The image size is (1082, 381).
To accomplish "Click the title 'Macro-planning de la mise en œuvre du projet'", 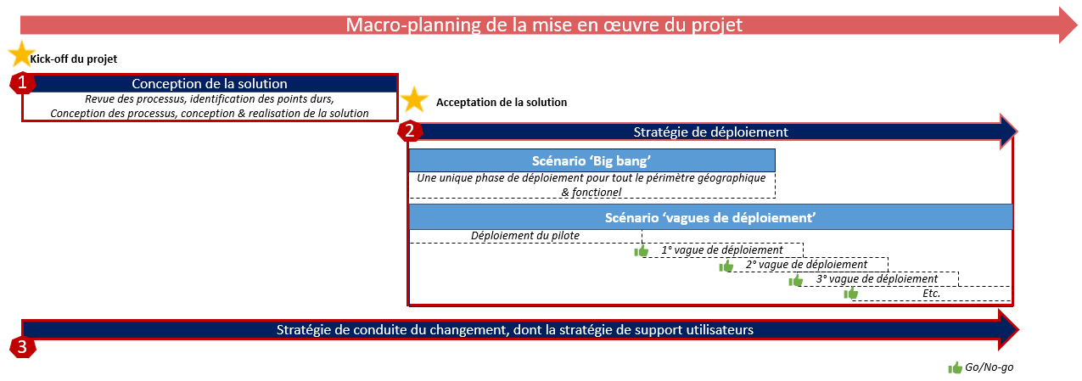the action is (x=544, y=25).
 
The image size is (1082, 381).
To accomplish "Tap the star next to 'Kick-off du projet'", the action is (x=21, y=54).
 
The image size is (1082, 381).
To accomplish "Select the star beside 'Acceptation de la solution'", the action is (x=414, y=99).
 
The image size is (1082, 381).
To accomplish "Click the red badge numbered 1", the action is (x=22, y=83).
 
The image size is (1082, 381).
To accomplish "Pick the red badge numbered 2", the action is (x=410, y=131).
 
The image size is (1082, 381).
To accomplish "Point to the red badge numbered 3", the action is (x=22, y=347).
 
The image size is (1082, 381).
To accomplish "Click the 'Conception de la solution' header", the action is (x=210, y=83).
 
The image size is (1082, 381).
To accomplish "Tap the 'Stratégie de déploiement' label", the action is (x=710, y=132).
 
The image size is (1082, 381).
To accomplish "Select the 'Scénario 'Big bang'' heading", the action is (x=591, y=161).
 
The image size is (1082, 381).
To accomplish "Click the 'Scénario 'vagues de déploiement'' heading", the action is (x=710, y=218).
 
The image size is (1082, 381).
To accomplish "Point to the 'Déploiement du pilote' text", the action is (x=525, y=236).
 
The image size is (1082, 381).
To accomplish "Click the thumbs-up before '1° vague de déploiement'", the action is (x=641, y=251).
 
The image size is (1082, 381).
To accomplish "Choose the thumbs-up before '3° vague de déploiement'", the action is (x=795, y=280).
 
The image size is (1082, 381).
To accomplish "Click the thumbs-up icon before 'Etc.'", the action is (x=851, y=293).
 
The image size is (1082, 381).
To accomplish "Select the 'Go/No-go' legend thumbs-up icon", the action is (x=955, y=368).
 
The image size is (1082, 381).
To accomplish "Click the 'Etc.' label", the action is (x=931, y=294).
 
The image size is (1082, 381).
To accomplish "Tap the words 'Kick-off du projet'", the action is (x=74, y=59).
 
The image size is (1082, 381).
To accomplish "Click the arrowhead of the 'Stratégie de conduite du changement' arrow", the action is (x=1008, y=329).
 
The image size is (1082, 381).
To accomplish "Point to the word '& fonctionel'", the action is (x=591, y=192).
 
